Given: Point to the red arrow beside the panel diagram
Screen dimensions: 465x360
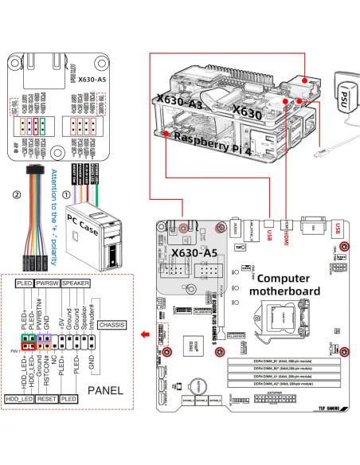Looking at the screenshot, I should click(x=143, y=334).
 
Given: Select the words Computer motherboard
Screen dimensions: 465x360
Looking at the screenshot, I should click(x=288, y=285).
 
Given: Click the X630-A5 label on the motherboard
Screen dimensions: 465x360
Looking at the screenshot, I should click(x=194, y=252).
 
